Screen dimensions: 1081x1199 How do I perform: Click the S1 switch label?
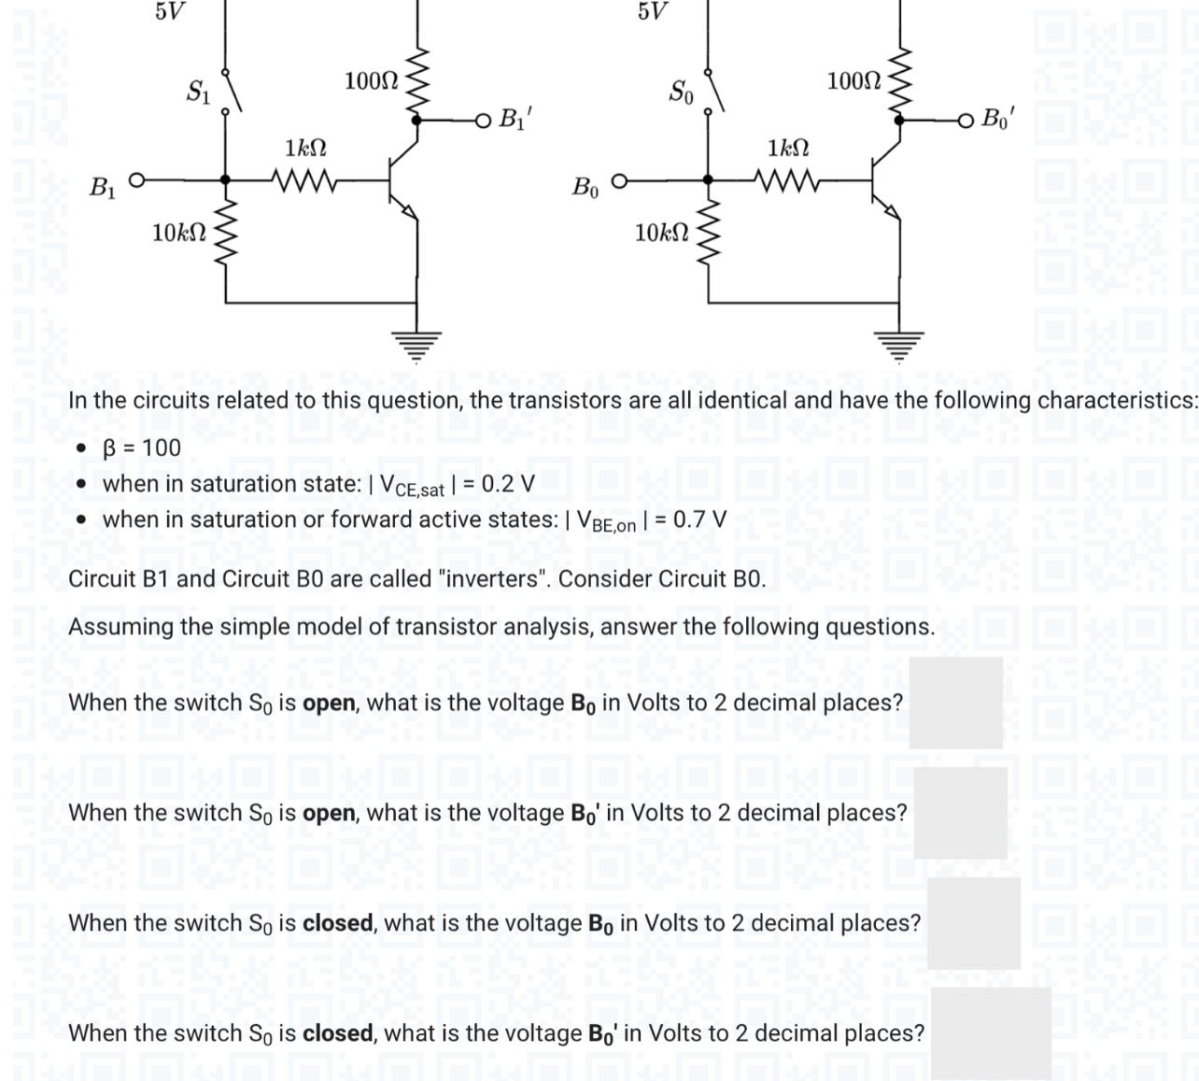click(x=198, y=92)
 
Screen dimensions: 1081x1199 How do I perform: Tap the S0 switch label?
click(x=681, y=92)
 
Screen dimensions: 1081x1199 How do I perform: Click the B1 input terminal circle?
click(x=136, y=179)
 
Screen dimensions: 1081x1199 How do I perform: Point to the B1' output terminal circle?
click(x=482, y=120)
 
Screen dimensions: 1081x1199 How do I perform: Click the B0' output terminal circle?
click(x=966, y=120)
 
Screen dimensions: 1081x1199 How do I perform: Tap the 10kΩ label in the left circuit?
click(x=179, y=233)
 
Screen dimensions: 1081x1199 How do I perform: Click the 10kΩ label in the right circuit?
click(x=661, y=233)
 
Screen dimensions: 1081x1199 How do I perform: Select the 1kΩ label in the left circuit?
click(x=305, y=148)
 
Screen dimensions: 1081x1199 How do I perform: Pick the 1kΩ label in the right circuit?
click(x=788, y=148)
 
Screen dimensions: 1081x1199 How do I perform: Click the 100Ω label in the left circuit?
click(x=371, y=81)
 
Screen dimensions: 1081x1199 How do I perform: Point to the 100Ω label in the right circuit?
click(x=853, y=81)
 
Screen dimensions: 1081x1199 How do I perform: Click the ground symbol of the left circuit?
click(x=416, y=344)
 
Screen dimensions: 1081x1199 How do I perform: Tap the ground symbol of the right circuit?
click(x=899, y=344)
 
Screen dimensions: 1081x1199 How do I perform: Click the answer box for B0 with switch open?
click(x=955, y=703)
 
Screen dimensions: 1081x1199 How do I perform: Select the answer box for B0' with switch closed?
click(x=990, y=1032)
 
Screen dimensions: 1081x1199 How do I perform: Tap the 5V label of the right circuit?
click(x=653, y=11)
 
